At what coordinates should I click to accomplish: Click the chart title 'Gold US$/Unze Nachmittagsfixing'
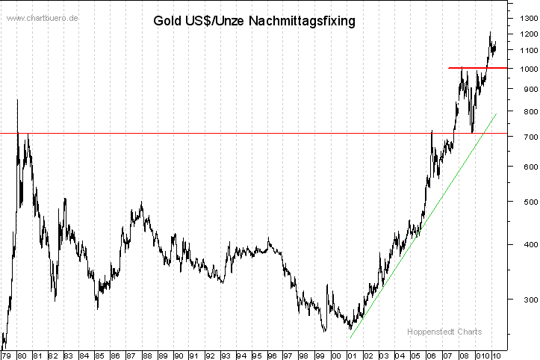pyautogui.click(x=254, y=21)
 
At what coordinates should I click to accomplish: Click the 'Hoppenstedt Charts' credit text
pyautogui.click(x=444, y=332)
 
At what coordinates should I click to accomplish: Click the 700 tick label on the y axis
pyautogui.click(x=521, y=138)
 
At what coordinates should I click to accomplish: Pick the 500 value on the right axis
pyautogui.click(x=521, y=202)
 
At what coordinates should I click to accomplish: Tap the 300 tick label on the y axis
pyautogui.click(x=521, y=300)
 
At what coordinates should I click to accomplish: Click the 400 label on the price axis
pyautogui.click(x=521, y=245)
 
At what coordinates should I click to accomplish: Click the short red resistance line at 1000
pyautogui.click(x=478, y=68)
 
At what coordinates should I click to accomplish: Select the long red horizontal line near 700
pyautogui.click(x=224, y=134)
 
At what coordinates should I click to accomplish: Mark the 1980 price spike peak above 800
pyautogui.click(x=18, y=100)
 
